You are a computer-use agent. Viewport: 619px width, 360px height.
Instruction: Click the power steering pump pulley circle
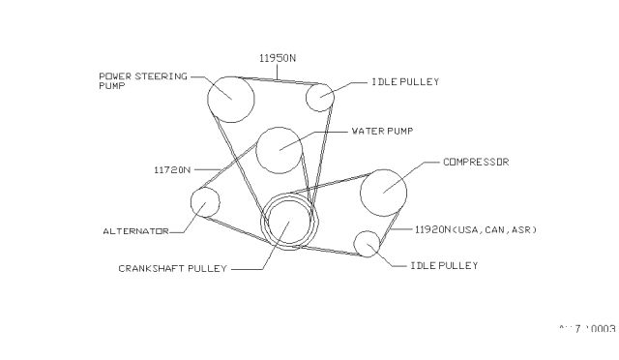click(x=231, y=97)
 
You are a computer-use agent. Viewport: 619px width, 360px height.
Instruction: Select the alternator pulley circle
click(x=205, y=202)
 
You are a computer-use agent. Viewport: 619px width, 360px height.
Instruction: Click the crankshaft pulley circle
click(x=289, y=221)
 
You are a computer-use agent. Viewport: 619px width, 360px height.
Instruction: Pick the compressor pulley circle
click(x=383, y=191)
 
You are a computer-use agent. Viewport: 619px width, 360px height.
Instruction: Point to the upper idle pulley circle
click(x=320, y=97)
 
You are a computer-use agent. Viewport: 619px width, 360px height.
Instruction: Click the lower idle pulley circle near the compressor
click(x=367, y=244)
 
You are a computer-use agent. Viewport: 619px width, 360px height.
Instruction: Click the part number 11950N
click(x=277, y=58)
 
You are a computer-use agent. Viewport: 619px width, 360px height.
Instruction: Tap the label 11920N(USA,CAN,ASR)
click(x=475, y=230)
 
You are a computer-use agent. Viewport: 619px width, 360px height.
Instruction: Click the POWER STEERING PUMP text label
click(x=141, y=79)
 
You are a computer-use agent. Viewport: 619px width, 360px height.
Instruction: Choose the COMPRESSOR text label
click(x=475, y=163)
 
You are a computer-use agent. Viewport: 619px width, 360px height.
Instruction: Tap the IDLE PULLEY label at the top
click(x=405, y=82)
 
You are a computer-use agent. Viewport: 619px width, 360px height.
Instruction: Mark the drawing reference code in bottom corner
click(x=587, y=329)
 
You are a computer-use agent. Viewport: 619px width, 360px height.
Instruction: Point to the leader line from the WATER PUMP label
click(x=329, y=133)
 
